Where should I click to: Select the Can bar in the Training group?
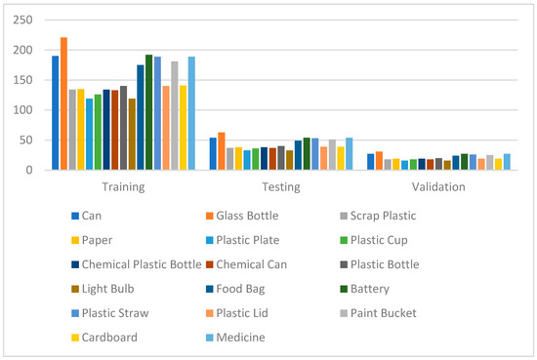click(56, 113)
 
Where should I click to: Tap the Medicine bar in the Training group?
click(191, 113)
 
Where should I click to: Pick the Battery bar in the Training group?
click(149, 112)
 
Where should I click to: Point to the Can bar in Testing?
click(213, 154)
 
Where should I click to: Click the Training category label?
click(123, 186)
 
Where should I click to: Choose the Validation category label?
click(438, 186)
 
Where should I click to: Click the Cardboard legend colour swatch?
click(74, 339)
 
